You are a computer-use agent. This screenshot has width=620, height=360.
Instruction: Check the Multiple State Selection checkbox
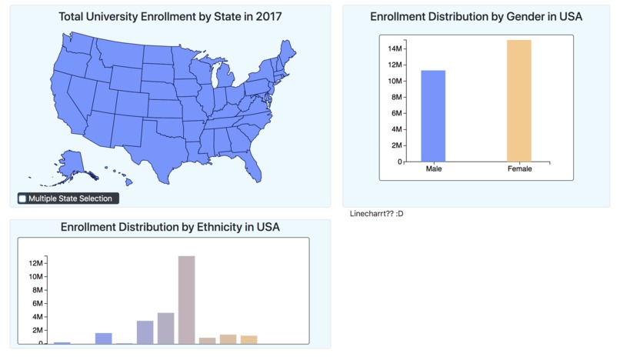[x=22, y=198]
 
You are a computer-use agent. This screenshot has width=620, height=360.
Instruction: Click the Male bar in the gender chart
[x=433, y=115]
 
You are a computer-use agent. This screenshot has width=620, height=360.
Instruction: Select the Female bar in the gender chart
[x=519, y=100]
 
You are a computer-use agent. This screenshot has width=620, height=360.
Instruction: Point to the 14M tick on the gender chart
[x=394, y=48]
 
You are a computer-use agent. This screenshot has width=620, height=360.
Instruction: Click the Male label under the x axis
[x=433, y=168]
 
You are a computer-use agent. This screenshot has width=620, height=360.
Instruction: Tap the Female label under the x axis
[x=519, y=168]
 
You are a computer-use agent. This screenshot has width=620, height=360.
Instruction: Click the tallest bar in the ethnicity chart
[x=186, y=300]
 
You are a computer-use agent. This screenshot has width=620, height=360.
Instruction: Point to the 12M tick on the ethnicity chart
[x=36, y=264]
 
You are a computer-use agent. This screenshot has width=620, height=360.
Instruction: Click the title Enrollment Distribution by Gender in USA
[x=476, y=16]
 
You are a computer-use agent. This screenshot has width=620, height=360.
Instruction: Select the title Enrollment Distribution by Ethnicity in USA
[x=170, y=227]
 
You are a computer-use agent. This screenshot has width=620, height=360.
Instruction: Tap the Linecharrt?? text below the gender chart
[x=376, y=213]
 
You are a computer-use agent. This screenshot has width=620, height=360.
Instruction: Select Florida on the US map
[x=251, y=162]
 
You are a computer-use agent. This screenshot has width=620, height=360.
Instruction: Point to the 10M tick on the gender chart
[x=394, y=81]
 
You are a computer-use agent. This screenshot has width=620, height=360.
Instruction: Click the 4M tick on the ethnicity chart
[x=36, y=317]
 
